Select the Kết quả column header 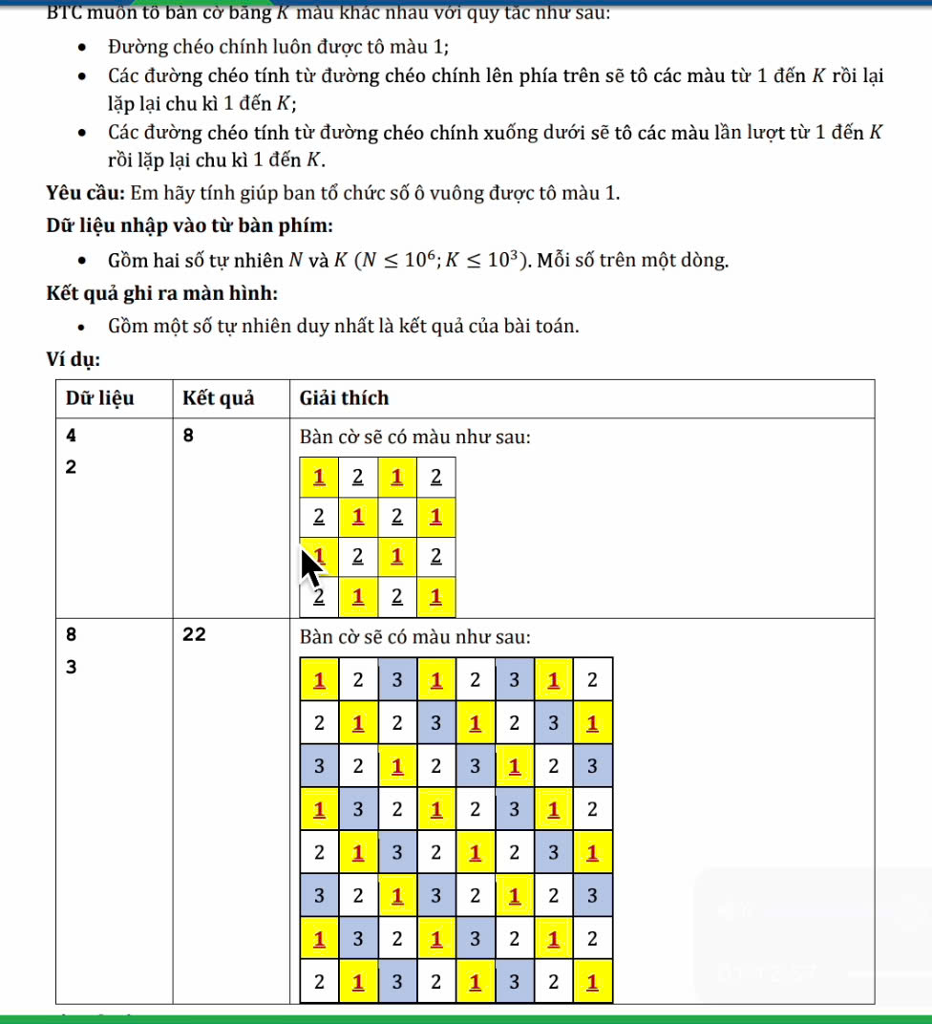click(x=219, y=398)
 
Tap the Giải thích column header click(x=344, y=398)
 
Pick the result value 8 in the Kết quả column click(x=188, y=437)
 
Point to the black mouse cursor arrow click(x=311, y=567)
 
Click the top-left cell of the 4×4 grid click(x=319, y=477)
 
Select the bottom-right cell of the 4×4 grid click(x=436, y=598)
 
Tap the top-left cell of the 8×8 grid click(x=319, y=680)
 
